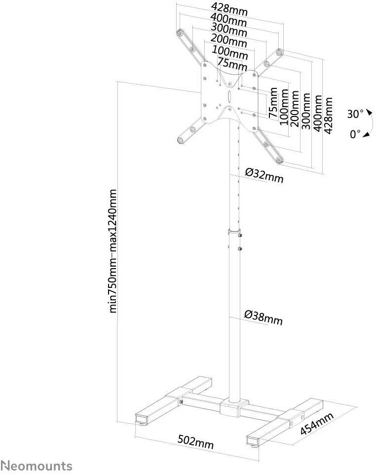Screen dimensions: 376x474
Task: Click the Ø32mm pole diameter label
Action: pyautogui.click(x=264, y=176)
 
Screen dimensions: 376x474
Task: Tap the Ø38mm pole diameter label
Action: pyautogui.click(x=263, y=317)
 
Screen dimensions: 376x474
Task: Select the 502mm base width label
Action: pyautogui.click(x=195, y=442)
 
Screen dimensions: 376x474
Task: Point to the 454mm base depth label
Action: pyautogui.click(x=317, y=423)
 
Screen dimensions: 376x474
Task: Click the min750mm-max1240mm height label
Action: pyautogui.click(x=113, y=251)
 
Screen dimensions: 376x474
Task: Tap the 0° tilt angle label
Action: pyautogui.click(x=355, y=134)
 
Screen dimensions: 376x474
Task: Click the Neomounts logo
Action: pyautogui.click(x=36, y=466)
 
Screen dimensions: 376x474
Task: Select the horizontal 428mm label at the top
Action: pyautogui.click(x=229, y=9)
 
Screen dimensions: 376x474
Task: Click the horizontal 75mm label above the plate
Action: pyautogui.click(x=232, y=64)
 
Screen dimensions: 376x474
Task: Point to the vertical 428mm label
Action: pyautogui.click(x=328, y=115)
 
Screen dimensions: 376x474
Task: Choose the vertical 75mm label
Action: pyautogui.click(x=273, y=103)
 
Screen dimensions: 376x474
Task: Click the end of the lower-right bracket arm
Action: pyautogui.click(x=279, y=160)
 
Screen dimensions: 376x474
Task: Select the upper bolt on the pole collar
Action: pyautogui.click(x=240, y=236)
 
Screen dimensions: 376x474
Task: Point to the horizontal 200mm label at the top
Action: pyautogui.click(x=228, y=41)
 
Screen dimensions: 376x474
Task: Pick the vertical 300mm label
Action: pyautogui.click(x=306, y=111)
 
